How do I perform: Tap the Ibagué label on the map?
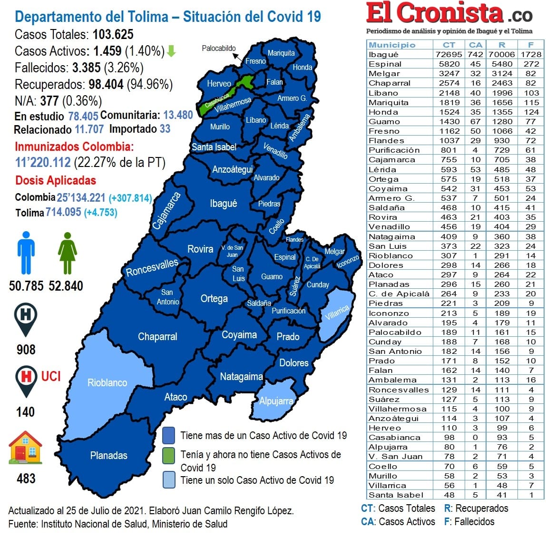pyautogui.click(x=223, y=204)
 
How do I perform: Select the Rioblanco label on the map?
pyautogui.click(x=107, y=382)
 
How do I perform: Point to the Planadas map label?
pyautogui.click(x=108, y=455)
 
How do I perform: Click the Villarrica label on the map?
pyautogui.click(x=337, y=313)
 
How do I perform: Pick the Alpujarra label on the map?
pyautogui.click(x=276, y=401)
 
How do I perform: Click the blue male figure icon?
pyautogui.click(x=26, y=253)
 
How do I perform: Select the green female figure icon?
pyautogui.click(x=67, y=253)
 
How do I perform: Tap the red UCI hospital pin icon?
pyautogui.click(x=26, y=380)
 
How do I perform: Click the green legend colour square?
pyautogui.click(x=168, y=455)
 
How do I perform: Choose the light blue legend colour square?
pyautogui.click(x=168, y=479)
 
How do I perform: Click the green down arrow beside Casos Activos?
pyautogui.click(x=171, y=51)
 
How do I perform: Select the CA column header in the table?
pyautogui.click(x=475, y=45)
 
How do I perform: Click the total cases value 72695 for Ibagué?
pyautogui.click(x=448, y=54)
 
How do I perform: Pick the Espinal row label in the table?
pyautogui.click(x=385, y=64)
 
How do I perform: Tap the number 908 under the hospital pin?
pyautogui.click(x=26, y=350)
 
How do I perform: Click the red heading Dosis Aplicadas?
pyautogui.click(x=56, y=180)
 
